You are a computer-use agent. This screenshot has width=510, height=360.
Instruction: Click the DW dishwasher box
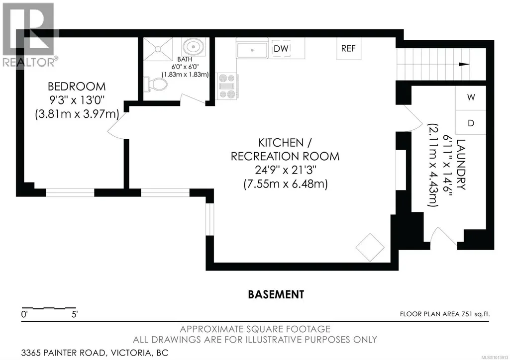click(x=281, y=48)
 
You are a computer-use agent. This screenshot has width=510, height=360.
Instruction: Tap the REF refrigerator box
click(x=348, y=48)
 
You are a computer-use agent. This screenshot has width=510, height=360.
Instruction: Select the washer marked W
click(x=471, y=97)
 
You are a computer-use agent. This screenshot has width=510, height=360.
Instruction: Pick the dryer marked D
click(x=471, y=122)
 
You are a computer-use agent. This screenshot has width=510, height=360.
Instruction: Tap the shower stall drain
click(x=158, y=49)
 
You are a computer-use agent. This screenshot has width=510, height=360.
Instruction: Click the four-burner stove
click(x=227, y=86)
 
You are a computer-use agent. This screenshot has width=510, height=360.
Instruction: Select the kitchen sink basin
click(x=252, y=50)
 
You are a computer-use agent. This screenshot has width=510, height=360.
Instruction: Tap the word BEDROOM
click(x=77, y=87)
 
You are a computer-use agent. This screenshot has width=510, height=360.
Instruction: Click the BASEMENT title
click(x=276, y=294)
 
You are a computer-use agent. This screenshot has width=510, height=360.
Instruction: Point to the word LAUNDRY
click(x=462, y=165)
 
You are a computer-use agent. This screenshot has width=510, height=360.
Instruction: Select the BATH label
click(x=185, y=60)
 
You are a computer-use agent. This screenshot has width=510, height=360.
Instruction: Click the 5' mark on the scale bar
click(x=75, y=315)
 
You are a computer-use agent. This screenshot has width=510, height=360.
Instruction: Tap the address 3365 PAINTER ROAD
click(x=63, y=353)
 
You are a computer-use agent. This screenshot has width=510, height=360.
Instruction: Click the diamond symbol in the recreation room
click(x=370, y=247)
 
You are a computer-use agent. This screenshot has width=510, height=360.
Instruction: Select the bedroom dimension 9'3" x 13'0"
click(x=77, y=100)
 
